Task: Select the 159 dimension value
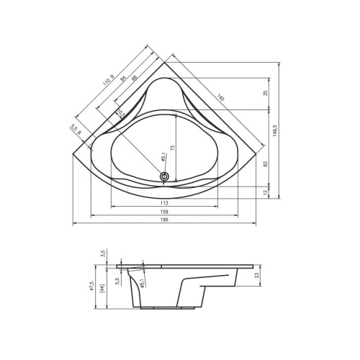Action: click(x=165, y=211)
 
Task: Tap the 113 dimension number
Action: click(x=165, y=202)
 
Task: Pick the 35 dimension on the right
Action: click(x=266, y=94)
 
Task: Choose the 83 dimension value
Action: click(x=266, y=164)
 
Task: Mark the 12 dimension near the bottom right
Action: click(x=266, y=192)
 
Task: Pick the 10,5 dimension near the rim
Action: click(x=121, y=112)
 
